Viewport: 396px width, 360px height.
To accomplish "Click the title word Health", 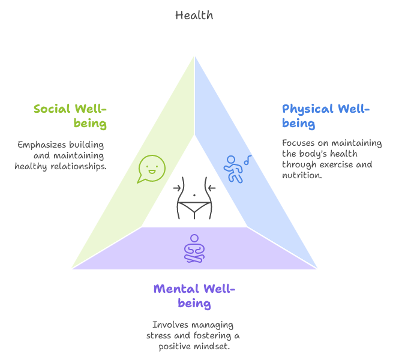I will (x=194, y=16).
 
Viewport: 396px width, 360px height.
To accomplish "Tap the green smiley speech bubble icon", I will (x=151, y=169).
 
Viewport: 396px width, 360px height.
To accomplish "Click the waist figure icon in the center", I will (x=194, y=197).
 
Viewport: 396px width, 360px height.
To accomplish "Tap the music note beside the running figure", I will (x=247, y=159).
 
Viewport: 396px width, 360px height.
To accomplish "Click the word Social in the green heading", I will (x=52, y=109).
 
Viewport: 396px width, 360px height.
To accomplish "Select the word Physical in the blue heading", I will (x=307, y=109).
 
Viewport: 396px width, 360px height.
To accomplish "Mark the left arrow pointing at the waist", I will (x=177, y=188).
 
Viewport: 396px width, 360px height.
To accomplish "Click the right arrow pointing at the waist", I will (x=211, y=188).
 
